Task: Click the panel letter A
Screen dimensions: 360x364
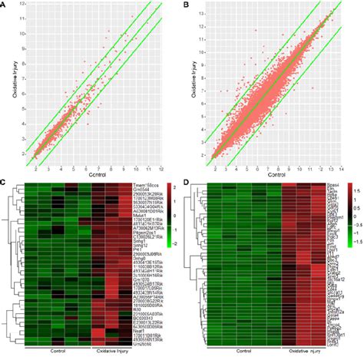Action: point(5,6)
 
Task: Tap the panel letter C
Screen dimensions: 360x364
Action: point(5,183)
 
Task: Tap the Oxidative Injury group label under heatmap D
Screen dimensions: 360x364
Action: point(303,351)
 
